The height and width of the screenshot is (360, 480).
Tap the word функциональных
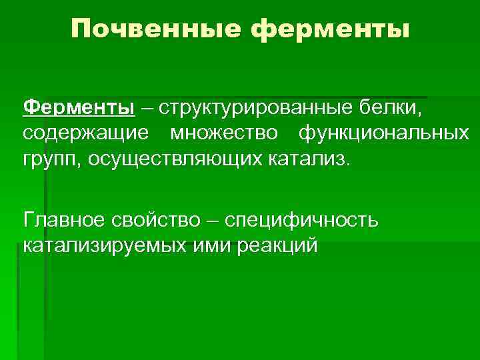383,134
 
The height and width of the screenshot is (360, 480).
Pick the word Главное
69,220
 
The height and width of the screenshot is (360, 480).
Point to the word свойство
166,220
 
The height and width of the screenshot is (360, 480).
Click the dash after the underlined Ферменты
145,108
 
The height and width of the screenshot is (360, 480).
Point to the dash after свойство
214,221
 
